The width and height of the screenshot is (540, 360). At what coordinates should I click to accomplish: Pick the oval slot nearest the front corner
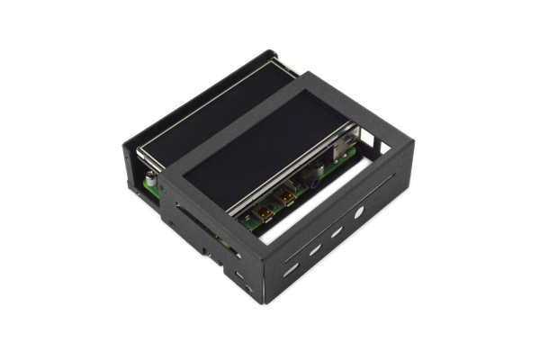pyautogui.click(x=291, y=268)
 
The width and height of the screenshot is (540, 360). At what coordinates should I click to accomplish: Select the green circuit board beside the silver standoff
pyautogui.click(x=155, y=187)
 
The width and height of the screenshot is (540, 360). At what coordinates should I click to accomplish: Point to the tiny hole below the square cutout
pyautogui.click(x=247, y=287)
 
